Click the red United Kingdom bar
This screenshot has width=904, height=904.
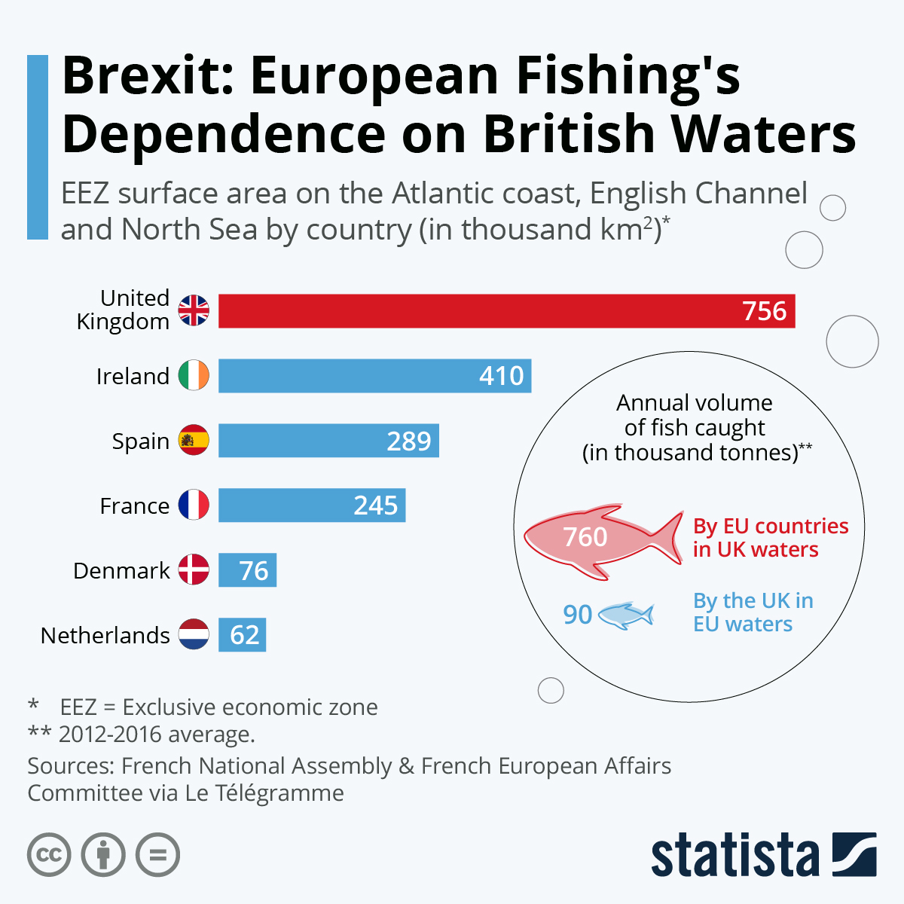click(x=506, y=311)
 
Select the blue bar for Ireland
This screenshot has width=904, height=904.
click(x=374, y=376)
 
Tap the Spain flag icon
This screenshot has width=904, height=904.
click(x=194, y=441)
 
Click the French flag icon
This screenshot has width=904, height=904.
click(x=194, y=505)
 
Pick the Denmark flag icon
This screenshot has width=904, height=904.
click(x=194, y=570)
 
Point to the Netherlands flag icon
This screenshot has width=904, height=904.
click(x=194, y=634)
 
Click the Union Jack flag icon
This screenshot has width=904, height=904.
click(x=194, y=310)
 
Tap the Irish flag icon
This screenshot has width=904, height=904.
click(x=194, y=375)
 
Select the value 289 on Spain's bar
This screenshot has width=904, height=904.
click(x=408, y=441)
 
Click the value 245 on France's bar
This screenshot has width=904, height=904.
click(x=375, y=505)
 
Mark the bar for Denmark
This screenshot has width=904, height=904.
click(x=247, y=570)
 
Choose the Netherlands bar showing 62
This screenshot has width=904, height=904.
click(x=242, y=635)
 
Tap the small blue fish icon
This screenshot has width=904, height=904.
click(x=625, y=615)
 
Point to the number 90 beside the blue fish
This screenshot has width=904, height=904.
click(x=578, y=615)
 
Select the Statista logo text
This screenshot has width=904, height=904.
click(x=734, y=857)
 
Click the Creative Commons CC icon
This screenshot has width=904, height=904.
click(x=49, y=855)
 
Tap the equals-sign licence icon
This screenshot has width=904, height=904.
click(x=157, y=855)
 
